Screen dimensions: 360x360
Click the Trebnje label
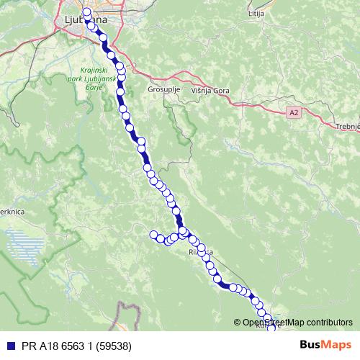click(x=348, y=126)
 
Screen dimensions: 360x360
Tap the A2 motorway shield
click(x=293, y=113)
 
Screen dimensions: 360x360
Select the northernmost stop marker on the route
click(x=87, y=12)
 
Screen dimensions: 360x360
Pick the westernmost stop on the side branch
click(x=153, y=234)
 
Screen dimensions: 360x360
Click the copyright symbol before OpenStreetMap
click(x=237, y=323)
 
